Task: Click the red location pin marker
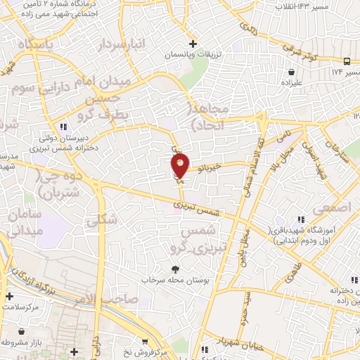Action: click(180, 167)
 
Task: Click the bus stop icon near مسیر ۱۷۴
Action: click(347, 61)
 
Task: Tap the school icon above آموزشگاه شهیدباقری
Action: click(300, 220)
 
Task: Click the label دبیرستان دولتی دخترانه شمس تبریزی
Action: click(68, 144)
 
